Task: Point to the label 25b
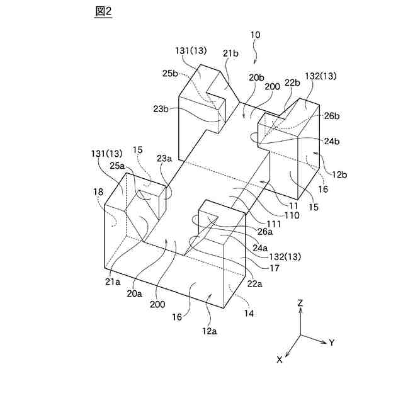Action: coord(171,73)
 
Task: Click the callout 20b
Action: coord(256,77)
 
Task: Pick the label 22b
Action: coord(292,83)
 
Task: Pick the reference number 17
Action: coord(275,268)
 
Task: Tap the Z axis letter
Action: coord(300,303)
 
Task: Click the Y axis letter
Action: coord(331,343)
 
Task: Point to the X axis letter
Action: coord(279,360)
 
